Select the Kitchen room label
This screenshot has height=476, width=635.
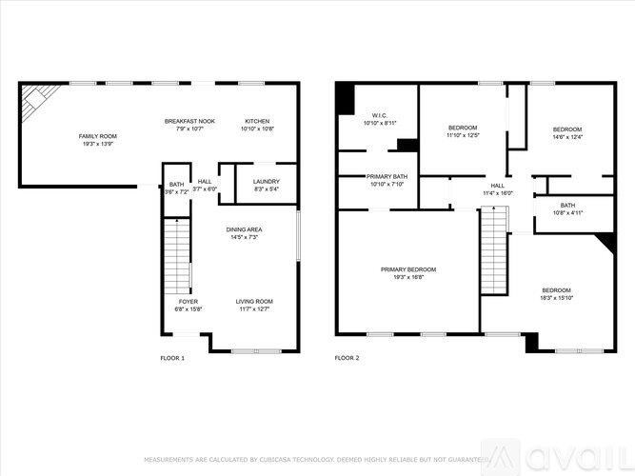(258, 125)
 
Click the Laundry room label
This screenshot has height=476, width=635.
(266, 185)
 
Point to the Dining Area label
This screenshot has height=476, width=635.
(244, 233)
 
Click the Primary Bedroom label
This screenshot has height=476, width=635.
(408, 273)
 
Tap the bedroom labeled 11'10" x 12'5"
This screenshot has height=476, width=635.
(463, 131)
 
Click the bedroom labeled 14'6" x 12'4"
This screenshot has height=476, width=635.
(567, 133)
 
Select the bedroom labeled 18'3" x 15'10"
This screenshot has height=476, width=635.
(556, 294)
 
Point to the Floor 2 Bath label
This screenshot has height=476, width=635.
(567, 208)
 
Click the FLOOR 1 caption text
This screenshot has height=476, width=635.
(172, 358)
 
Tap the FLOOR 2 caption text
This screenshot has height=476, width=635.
(347, 358)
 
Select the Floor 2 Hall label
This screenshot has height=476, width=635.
(497, 189)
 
